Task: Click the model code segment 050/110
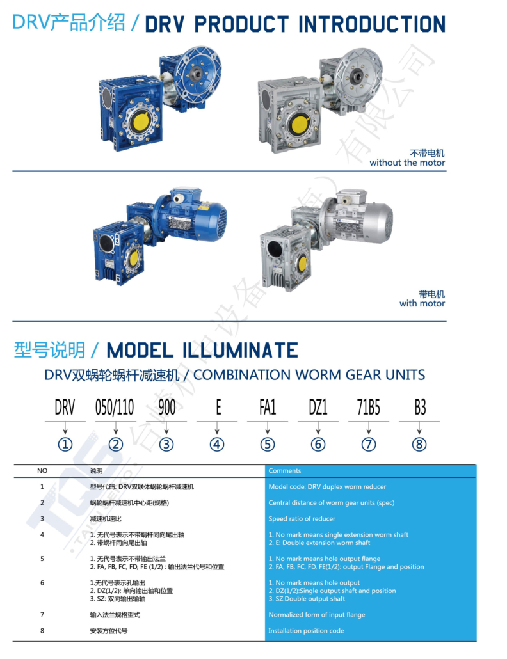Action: coord(115,408)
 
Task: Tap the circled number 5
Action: coord(268,444)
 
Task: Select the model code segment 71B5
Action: coord(368,408)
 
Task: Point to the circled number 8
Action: coord(419,444)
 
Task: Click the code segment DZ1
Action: coord(318,408)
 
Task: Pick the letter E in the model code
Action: coord(218,408)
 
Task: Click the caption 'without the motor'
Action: coord(407,163)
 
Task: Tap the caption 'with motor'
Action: coord(422,303)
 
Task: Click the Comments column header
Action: coord(285,471)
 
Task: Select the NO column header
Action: coord(42,471)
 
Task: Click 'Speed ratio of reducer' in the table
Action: coord(302,519)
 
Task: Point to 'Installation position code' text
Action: coord(306,631)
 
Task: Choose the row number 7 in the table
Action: coord(42,615)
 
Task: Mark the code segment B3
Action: coord(419,408)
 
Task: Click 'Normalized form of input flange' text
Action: coord(317,615)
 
